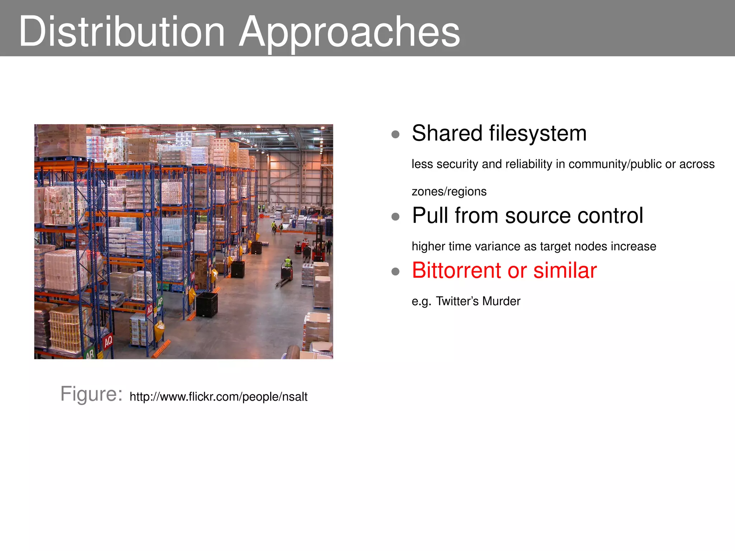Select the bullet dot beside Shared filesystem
click(x=395, y=135)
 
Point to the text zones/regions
click(x=449, y=192)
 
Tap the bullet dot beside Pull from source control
click(x=395, y=217)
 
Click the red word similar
click(x=565, y=270)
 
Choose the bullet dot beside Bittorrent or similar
click(x=395, y=272)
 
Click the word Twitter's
click(x=457, y=301)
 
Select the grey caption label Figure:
click(x=91, y=394)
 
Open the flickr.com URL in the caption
click(x=218, y=397)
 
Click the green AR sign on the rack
click(x=90, y=354)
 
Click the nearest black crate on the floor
click(x=207, y=305)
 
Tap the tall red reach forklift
click(x=318, y=244)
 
